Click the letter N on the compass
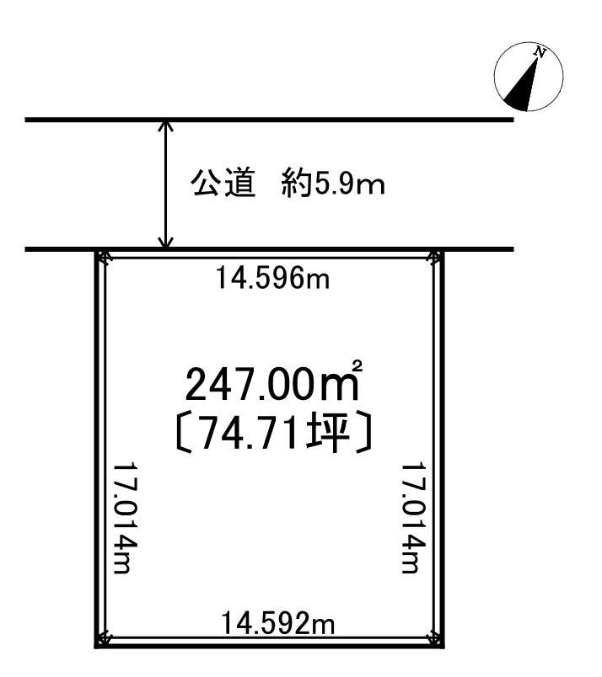point(540,52)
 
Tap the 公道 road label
point(223,184)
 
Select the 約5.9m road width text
point(332,184)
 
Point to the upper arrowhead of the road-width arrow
point(165,126)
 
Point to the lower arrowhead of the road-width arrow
point(165,243)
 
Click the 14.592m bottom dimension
point(278,623)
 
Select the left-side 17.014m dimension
point(125,518)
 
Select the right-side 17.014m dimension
point(414,518)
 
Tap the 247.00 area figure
point(249,384)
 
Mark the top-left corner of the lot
point(97,250)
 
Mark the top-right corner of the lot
point(442,250)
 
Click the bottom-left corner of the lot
point(97,645)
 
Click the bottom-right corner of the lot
point(442,645)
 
